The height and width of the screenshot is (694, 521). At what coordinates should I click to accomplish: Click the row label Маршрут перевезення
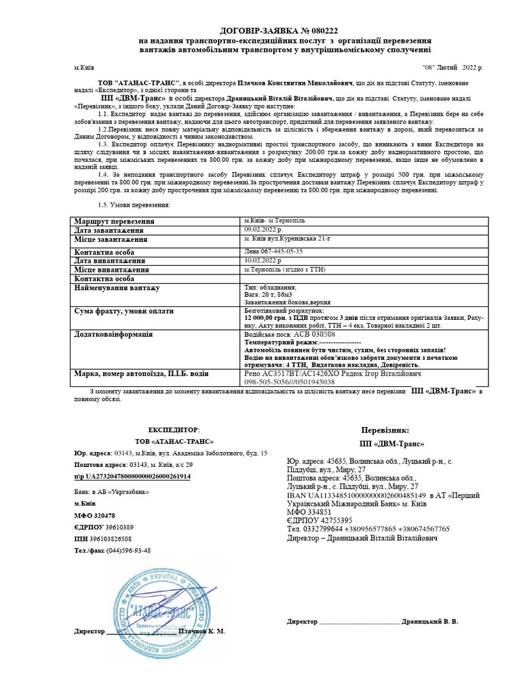pyautogui.click(x=115, y=222)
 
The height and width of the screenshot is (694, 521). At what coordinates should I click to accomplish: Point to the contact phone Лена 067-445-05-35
pyautogui.click(x=273, y=251)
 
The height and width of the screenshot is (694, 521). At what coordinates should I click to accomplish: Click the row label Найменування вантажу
pyautogui.click(x=117, y=288)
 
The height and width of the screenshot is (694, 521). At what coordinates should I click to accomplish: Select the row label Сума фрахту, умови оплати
pyautogui.click(x=123, y=311)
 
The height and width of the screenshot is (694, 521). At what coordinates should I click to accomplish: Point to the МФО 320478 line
pyautogui.click(x=94, y=516)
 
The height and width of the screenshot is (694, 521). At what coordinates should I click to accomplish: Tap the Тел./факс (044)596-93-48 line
pyautogui.click(x=112, y=550)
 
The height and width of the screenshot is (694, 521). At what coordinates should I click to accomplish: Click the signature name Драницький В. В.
pyautogui.click(x=429, y=621)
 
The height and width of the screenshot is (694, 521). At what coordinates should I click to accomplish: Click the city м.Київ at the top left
pyautogui.click(x=84, y=68)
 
